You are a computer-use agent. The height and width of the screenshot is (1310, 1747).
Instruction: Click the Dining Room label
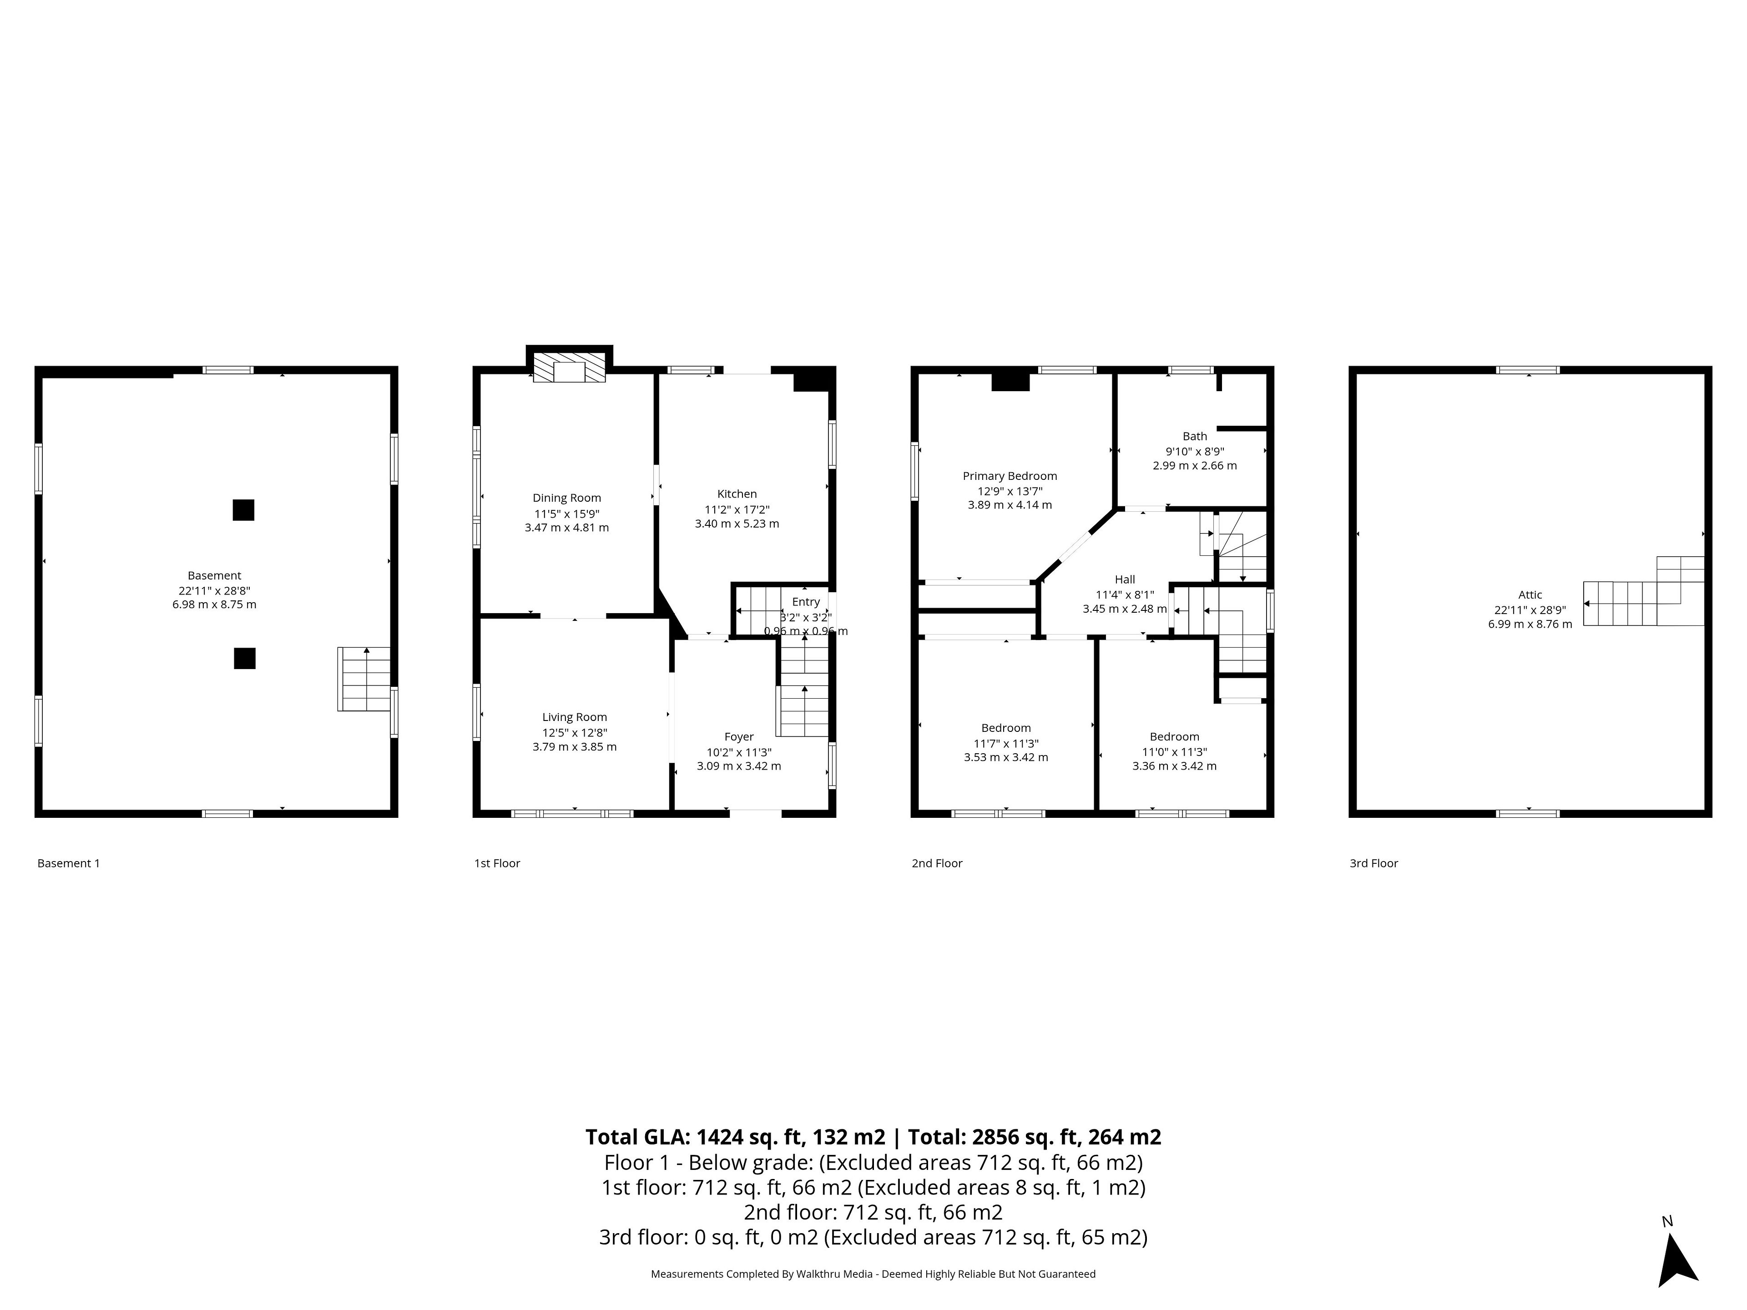coord(566,498)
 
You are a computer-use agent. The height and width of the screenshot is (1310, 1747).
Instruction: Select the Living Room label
coord(574,717)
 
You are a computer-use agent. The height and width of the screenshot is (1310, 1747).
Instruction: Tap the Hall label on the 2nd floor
coord(1125,579)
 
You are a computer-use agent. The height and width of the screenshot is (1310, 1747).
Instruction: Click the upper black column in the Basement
coord(243,510)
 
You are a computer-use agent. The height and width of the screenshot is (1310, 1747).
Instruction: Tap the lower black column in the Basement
coord(245,658)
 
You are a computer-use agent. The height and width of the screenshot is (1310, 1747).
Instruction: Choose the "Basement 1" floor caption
coord(69,863)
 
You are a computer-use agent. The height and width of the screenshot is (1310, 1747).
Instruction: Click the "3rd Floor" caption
coord(1373,863)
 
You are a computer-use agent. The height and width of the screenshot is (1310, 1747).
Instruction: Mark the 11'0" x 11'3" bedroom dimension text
coord(1174,752)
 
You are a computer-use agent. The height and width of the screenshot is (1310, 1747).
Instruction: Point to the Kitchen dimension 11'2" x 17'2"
coord(737,509)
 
